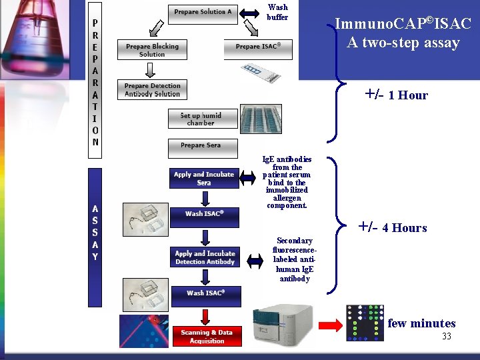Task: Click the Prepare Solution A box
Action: [203, 13]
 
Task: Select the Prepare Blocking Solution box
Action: [152, 50]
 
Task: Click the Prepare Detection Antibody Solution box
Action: [152, 90]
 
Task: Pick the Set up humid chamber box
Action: [201, 119]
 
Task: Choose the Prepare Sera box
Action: [200, 145]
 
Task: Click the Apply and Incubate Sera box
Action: [204, 178]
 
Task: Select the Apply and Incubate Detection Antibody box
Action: [205, 257]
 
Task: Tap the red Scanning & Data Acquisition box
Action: [207, 336]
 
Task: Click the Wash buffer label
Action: [277, 13]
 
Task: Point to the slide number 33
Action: [446, 337]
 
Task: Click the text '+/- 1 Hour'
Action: [396, 95]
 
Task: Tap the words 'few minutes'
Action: [421, 323]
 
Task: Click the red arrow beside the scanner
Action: [331, 325]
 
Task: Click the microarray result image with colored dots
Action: [365, 323]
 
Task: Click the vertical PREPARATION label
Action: [95, 80]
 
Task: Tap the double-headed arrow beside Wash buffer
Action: [253, 12]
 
